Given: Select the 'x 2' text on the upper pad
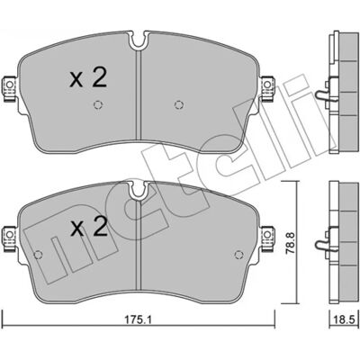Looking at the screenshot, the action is pos(88,77).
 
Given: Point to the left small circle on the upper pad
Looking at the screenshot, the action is pos(98,104).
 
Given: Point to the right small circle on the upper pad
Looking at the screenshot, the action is pos(178,104).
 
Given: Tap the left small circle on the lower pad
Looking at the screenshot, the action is pos(38,255).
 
